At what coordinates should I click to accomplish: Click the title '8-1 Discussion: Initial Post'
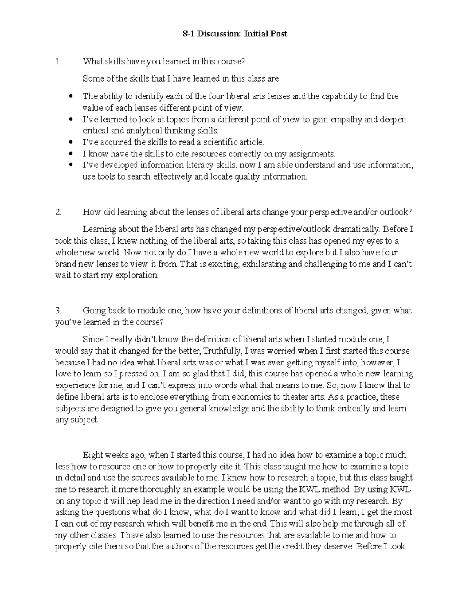click(235, 34)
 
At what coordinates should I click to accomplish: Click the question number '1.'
click(58, 61)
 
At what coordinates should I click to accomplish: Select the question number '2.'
click(58, 212)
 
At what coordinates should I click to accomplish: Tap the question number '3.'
click(58, 311)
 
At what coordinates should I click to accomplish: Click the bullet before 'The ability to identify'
click(70, 96)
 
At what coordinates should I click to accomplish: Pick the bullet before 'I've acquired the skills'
click(70, 142)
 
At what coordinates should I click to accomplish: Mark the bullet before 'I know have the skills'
click(70, 153)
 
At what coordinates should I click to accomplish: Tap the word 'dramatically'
click(356, 229)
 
